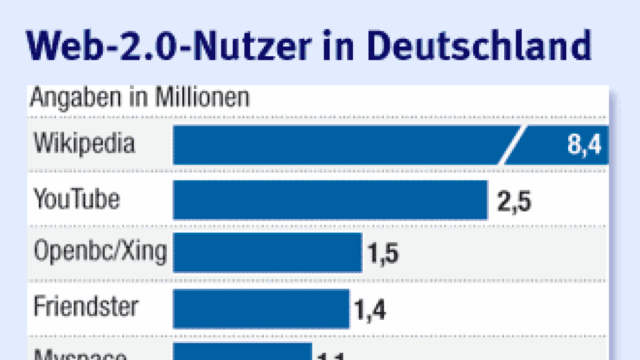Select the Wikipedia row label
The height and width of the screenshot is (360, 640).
(x=84, y=143)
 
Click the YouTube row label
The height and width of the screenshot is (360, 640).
(x=76, y=199)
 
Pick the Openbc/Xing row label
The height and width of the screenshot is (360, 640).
(x=100, y=253)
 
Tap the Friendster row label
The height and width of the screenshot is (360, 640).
(x=86, y=307)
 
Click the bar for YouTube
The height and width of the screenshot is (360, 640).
(x=330, y=200)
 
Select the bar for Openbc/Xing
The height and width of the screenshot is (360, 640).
(x=267, y=253)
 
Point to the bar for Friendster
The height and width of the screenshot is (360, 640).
(x=261, y=308)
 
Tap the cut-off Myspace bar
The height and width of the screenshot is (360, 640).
(x=243, y=353)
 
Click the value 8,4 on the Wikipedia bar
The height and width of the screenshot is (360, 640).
(x=584, y=145)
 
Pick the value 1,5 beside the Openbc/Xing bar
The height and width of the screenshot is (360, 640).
(x=382, y=254)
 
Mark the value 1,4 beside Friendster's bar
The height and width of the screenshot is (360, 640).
(x=370, y=310)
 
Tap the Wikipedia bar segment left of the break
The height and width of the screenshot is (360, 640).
(x=335, y=145)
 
